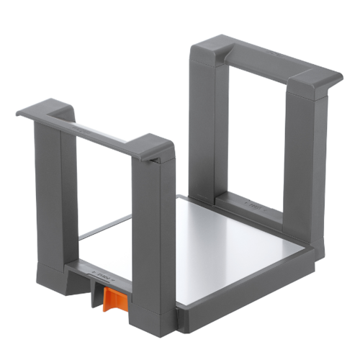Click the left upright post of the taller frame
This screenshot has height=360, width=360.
point(204,122)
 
